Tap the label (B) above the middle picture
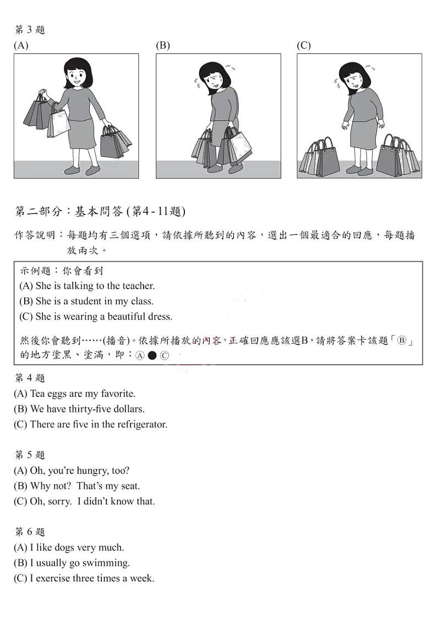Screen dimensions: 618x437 coord(162,46)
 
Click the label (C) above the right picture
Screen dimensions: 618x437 coord(303,46)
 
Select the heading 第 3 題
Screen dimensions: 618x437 coord(30,30)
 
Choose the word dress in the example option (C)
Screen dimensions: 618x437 coord(160,317)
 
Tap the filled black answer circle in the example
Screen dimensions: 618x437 coord(152,356)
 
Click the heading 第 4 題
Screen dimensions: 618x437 coord(30,378)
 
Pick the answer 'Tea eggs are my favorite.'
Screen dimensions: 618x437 coord(74,394)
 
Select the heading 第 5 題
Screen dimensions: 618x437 coord(30,455)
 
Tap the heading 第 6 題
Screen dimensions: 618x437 coord(30,532)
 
